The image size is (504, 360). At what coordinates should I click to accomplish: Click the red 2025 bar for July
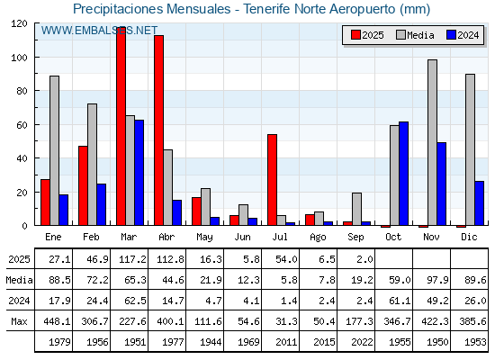pos(272,180)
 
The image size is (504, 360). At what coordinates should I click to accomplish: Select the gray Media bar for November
pos(432,142)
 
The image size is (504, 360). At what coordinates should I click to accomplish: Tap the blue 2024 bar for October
pos(404,174)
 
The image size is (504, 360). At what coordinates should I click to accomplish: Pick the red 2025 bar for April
pos(158,130)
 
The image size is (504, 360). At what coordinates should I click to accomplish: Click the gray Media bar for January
pos(54,150)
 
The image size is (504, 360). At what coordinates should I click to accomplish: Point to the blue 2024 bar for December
pos(479,203)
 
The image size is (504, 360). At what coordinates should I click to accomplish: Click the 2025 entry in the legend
pos(368,35)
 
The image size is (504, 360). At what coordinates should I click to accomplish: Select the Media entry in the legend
pos(415,35)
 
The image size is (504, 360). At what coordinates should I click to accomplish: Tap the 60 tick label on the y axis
pos(22,125)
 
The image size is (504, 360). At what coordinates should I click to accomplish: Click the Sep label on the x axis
pos(355,238)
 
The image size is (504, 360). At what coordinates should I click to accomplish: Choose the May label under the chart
pos(204,238)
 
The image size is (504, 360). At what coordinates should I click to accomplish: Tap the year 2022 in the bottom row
pos(362,342)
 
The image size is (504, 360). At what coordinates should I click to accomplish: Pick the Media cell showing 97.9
pos(437,280)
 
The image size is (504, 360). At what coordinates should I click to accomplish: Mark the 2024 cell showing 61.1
pos(400,301)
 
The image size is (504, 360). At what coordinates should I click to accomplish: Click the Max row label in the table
pos(19,321)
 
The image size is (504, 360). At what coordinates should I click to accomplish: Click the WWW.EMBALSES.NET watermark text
pos(99,31)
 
